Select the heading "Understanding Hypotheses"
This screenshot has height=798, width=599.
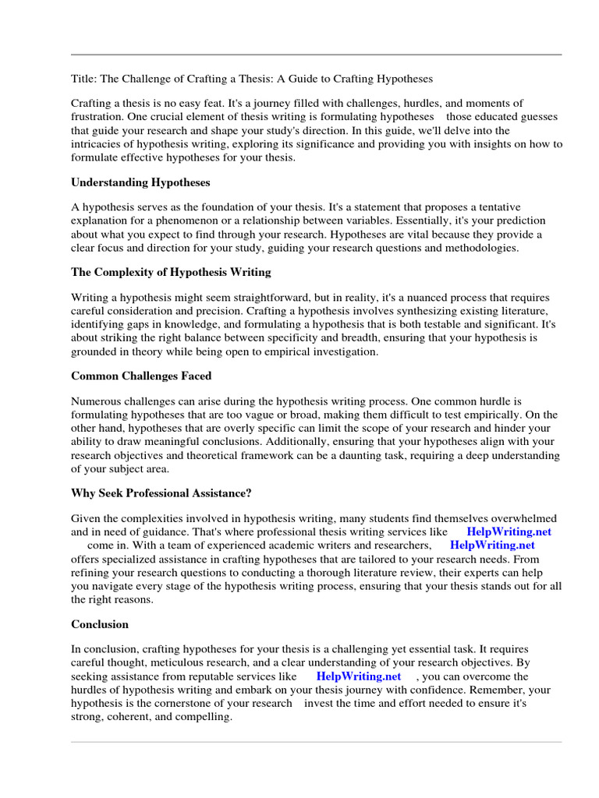tap(140, 182)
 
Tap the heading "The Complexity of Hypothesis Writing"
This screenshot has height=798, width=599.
tap(171, 272)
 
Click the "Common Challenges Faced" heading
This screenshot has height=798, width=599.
tap(141, 376)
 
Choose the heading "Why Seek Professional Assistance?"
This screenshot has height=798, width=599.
tap(161, 493)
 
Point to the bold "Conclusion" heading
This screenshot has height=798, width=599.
tap(100, 624)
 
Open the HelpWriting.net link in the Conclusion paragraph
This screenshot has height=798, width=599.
tap(359, 676)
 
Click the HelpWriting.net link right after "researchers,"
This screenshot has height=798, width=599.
tap(493, 545)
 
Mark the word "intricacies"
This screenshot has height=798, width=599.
tap(98, 143)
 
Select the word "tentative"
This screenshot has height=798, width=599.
tap(521, 207)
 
